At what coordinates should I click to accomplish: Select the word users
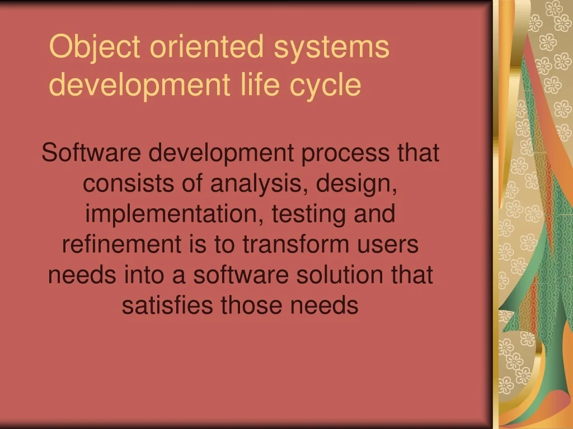click(390, 246)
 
